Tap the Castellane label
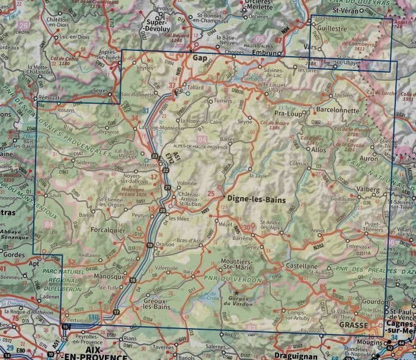[x=302, y=266]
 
